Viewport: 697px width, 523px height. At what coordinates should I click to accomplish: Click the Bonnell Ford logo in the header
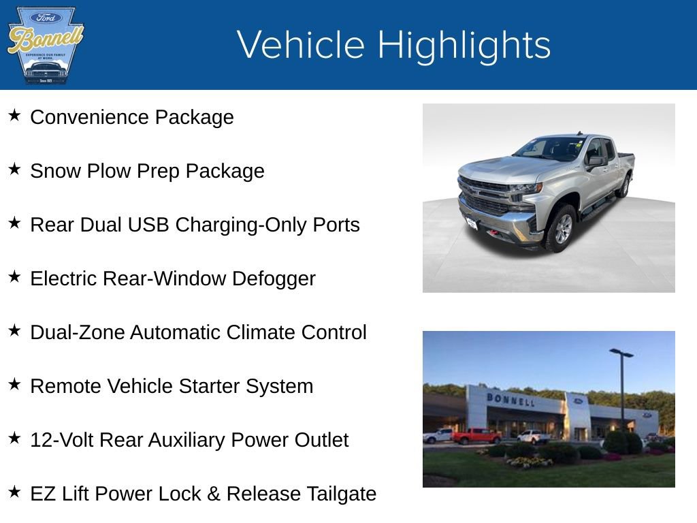(45, 45)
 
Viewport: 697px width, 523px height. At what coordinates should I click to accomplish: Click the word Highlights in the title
(464, 45)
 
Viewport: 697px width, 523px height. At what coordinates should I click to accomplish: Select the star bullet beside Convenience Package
(14, 116)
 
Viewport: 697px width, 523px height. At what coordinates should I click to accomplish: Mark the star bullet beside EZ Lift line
(14, 492)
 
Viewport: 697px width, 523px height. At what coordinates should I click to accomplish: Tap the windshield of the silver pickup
(549, 148)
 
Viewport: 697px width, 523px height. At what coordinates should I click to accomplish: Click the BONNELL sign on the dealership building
(510, 400)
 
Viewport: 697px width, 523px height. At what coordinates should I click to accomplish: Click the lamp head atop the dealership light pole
(621, 353)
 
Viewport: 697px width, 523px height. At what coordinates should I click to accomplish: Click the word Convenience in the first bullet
(90, 117)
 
